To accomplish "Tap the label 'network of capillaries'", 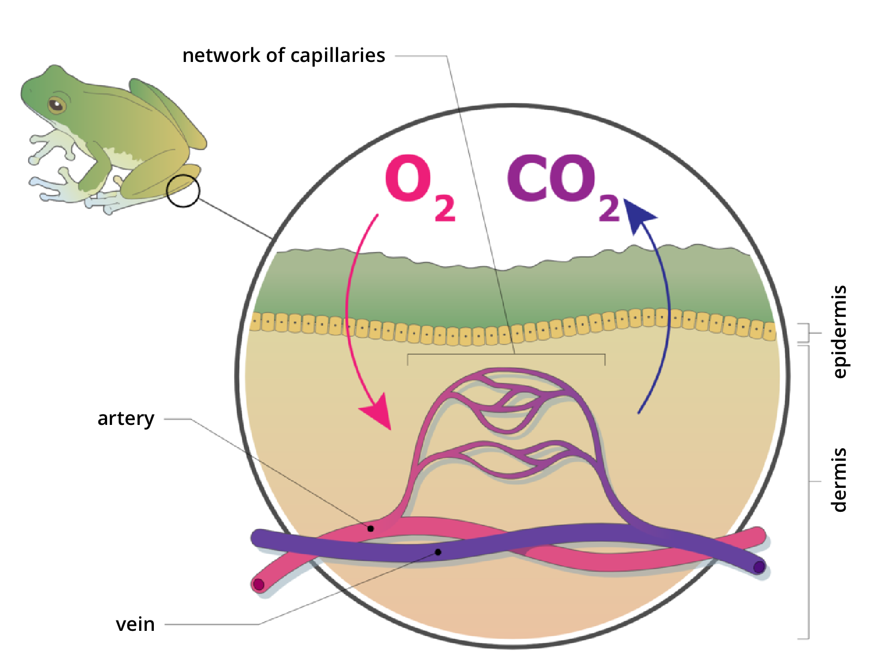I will point(283,56).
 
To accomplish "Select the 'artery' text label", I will point(126,419).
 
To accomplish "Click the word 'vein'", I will point(135,624).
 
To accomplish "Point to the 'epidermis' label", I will point(840,331).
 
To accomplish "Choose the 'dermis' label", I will point(840,480).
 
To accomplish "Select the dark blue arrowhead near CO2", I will point(639,215).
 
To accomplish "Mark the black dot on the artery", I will point(371,528).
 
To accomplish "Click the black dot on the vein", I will point(438,552).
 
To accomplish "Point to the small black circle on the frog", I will point(183,191).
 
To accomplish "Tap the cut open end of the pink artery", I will point(259,585).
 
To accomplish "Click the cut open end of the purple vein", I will point(759,567).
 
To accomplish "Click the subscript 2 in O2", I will point(445,209).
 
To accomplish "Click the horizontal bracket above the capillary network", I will point(506,355).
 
